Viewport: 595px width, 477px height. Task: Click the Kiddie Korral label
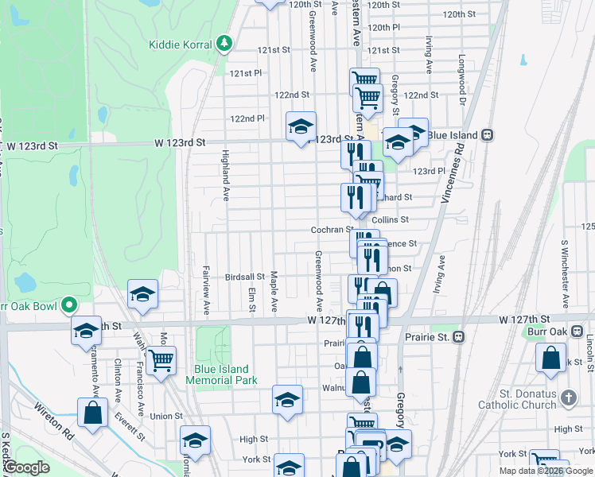[181, 44]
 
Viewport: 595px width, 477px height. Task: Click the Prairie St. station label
[424, 337]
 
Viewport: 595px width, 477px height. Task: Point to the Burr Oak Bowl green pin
[70, 304]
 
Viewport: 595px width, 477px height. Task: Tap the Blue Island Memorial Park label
[221, 374]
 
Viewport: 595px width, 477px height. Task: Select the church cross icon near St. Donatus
[568, 397]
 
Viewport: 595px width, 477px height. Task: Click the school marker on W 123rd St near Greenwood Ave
[301, 127]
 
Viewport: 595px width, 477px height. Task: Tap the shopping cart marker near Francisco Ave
[161, 360]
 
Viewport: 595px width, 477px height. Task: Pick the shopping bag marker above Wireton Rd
[92, 413]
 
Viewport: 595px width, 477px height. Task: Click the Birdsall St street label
[245, 277]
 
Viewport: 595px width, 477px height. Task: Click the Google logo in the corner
[27, 467]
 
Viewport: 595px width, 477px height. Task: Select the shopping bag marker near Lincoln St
[550, 359]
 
